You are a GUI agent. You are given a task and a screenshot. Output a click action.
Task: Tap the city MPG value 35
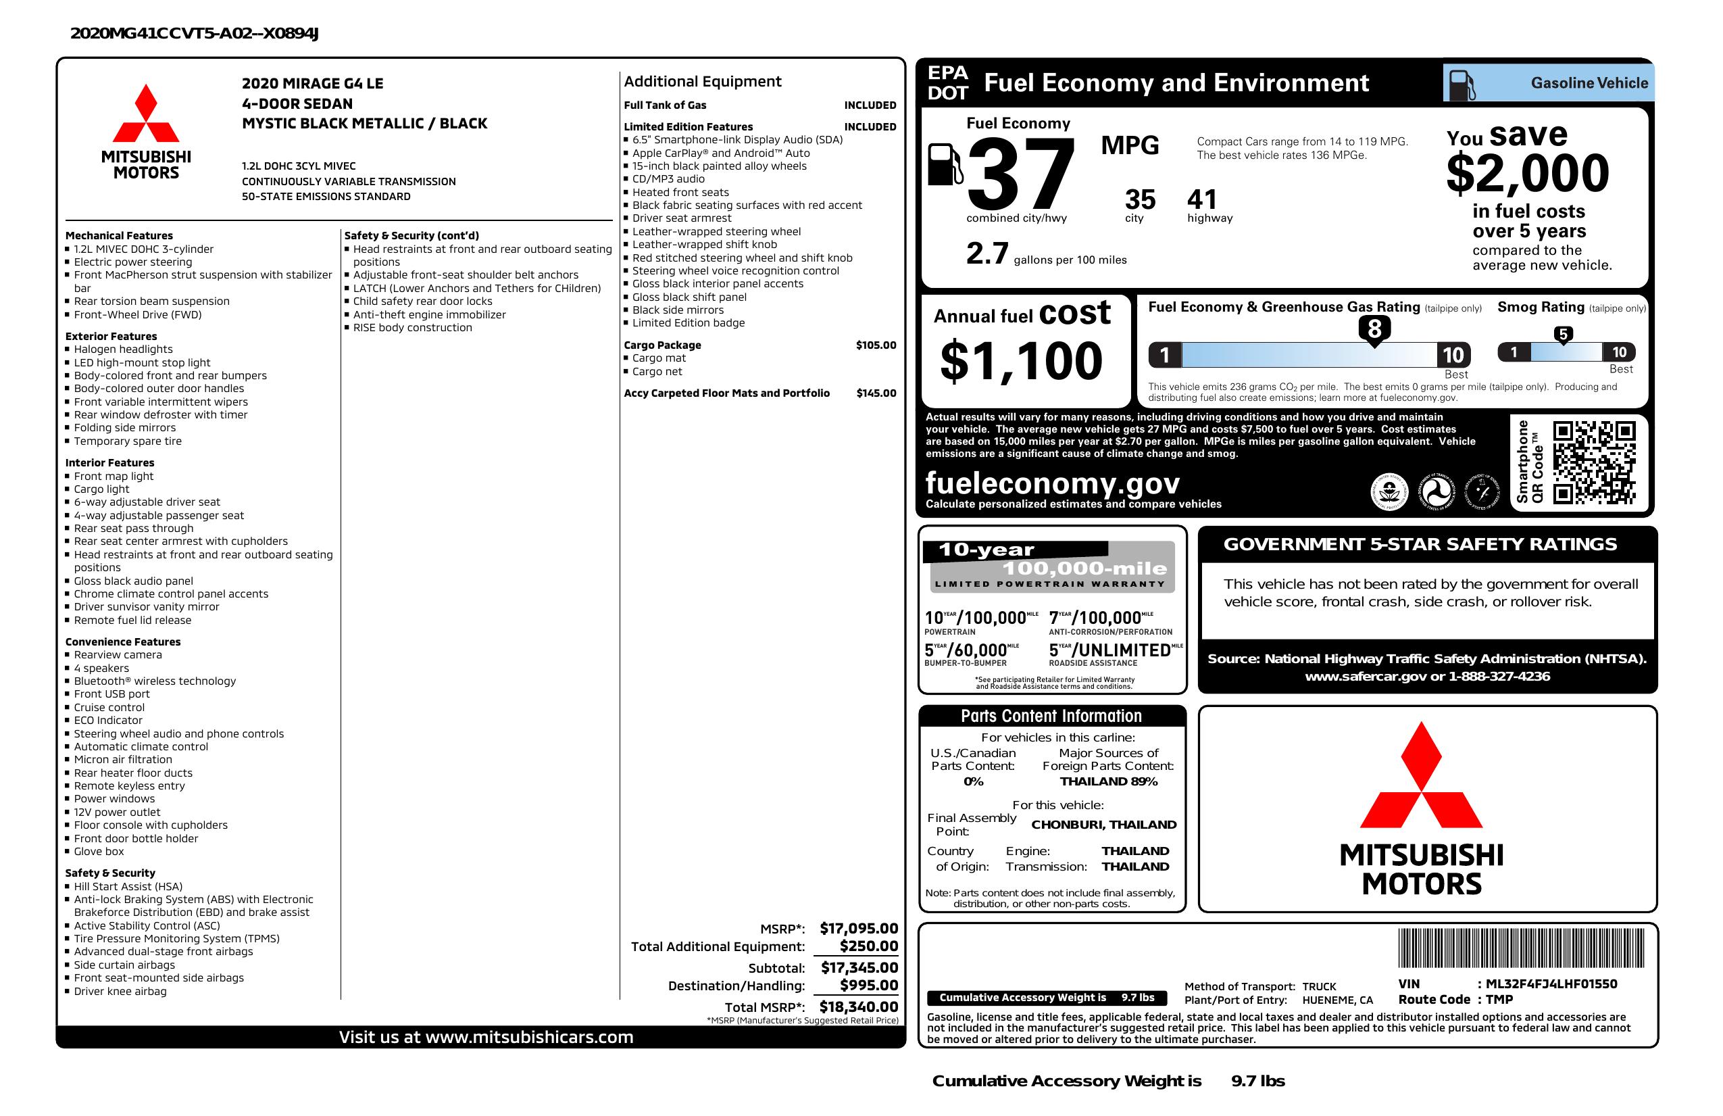(1139, 199)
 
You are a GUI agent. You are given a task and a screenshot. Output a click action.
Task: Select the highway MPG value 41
(1202, 199)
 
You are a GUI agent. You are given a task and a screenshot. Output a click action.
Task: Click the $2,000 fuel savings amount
(1528, 174)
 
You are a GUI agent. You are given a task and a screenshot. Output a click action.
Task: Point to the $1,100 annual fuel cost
(1021, 361)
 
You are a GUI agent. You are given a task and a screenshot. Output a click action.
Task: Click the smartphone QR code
(1593, 462)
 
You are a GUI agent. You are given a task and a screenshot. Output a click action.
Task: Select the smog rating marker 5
(1563, 335)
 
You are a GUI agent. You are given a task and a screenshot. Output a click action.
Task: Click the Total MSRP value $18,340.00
(858, 1006)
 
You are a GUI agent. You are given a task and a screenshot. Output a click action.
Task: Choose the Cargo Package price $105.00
(875, 345)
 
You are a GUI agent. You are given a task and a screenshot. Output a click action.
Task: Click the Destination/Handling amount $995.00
(868, 985)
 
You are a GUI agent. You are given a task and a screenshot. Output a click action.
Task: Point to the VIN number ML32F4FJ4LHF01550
(1551, 984)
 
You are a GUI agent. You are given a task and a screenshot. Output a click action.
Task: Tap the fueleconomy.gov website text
(1052, 483)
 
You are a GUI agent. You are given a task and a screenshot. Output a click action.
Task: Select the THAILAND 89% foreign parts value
(1108, 781)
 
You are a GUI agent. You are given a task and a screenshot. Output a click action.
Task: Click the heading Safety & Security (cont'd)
(411, 235)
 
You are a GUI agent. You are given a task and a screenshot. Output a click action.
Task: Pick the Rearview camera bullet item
(118, 655)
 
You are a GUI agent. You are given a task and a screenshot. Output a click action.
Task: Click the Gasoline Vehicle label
(1589, 83)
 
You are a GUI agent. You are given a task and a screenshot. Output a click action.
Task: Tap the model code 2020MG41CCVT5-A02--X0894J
(194, 33)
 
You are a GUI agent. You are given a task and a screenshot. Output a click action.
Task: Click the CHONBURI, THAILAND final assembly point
(1103, 824)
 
